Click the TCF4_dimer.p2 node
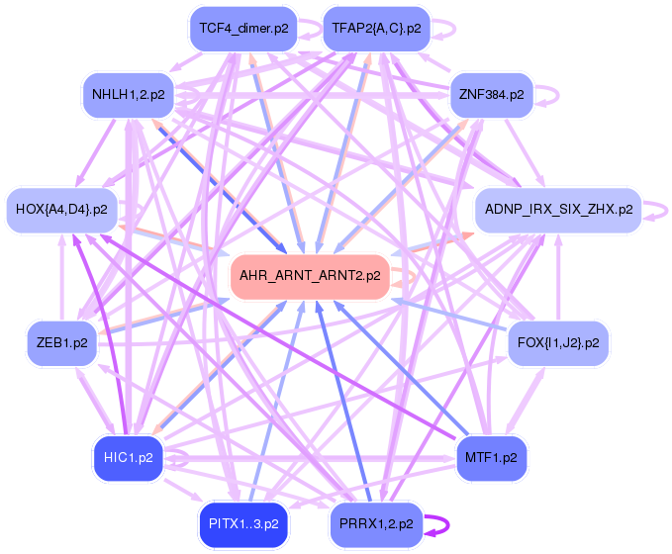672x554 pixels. click(x=243, y=29)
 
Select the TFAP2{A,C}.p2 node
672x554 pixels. click(x=376, y=29)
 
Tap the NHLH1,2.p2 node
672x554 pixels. click(x=129, y=95)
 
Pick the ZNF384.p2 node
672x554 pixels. click(x=491, y=95)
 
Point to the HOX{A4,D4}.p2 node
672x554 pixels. click(x=62, y=209)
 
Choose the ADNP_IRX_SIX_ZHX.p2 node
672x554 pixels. click(x=558, y=209)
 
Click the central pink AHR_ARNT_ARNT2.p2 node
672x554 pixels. click(x=310, y=276)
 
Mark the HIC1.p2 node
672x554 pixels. click(x=128, y=457)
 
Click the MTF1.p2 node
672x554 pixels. click(x=491, y=457)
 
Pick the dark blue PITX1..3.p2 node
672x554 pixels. click(x=243, y=523)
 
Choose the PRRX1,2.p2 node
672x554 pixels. click(x=376, y=523)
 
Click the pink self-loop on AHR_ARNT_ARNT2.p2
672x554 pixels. click(x=403, y=276)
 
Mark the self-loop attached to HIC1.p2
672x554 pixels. click(x=181, y=457)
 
